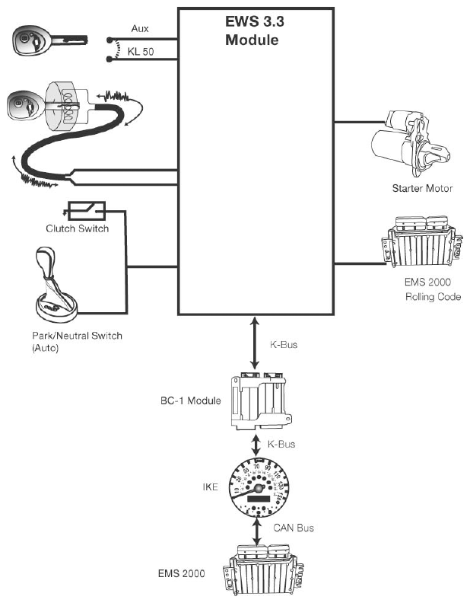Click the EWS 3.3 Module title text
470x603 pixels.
click(x=254, y=30)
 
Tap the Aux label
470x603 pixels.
click(x=140, y=28)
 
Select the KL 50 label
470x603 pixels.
click(x=141, y=52)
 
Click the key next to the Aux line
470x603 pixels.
click(x=50, y=40)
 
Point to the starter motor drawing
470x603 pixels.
click(x=410, y=143)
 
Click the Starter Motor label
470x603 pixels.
click(x=422, y=189)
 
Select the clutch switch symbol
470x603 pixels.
click(x=87, y=211)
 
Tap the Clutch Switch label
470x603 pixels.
click(x=77, y=228)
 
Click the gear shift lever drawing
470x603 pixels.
click(x=56, y=285)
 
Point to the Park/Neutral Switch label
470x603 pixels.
click(x=77, y=342)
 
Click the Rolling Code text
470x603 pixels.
click(x=433, y=297)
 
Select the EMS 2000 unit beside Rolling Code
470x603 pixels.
click(x=422, y=241)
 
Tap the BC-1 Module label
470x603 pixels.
click(x=190, y=400)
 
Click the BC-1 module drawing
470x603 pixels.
click(x=261, y=400)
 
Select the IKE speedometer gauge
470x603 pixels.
click(x=259, y=488)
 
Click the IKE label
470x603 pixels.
click(x=211, y=487)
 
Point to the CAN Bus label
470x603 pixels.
click(x=294, y=528)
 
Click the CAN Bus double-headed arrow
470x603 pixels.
click(x=257, y=532)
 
